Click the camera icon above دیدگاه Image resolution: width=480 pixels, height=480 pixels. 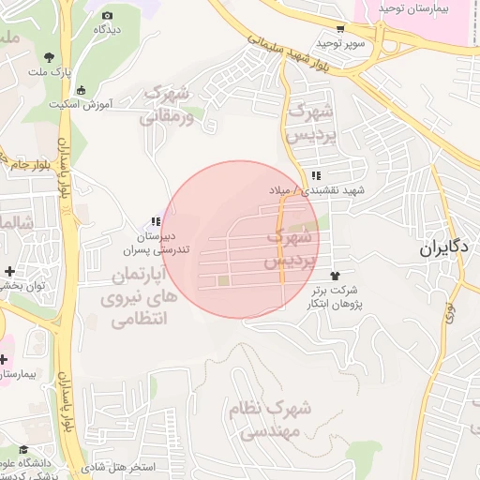pyautogui.click(x=107, y=16)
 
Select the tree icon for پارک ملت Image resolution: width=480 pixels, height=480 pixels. pyautogui.click(x=49, y=59)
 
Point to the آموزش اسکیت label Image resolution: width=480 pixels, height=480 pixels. pyautogui.click(x=104, y=103)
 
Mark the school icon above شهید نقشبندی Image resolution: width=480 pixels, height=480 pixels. pyautogui.click(x=317, y=176)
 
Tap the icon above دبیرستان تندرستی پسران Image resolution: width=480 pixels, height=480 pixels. pyautogui.click(x=155, y=221)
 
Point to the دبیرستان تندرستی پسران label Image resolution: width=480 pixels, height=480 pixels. pyautogui.click(x=157, y=244)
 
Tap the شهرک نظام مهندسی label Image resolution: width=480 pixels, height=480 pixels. pyautogui.click(x=269, y=419)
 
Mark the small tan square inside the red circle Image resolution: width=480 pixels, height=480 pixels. pyautogui.click(x=223, y=279)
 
